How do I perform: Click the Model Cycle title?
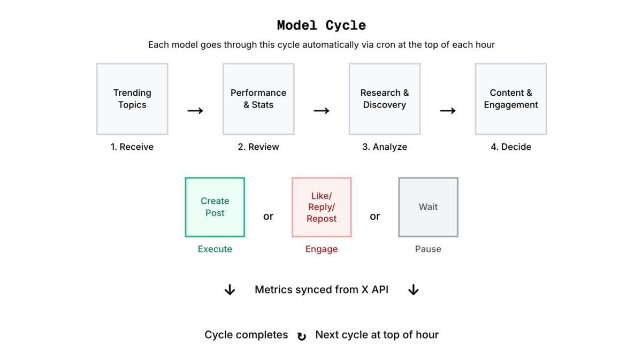pos(321,25)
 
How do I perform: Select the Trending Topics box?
pos(132,99)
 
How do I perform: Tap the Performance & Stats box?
pos(258,99)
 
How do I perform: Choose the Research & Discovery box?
pos(385,99)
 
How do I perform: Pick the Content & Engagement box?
pos(511,99)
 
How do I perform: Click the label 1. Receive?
pos(132,147)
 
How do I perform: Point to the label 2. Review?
pos(258,147)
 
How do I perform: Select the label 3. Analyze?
pos(385,147)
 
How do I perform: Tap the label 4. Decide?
pos(511,147)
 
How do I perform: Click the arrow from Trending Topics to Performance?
pos(195,111)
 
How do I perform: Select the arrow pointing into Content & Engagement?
pos(448,111)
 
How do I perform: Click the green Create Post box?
pos(215,207)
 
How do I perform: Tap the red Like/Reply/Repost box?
pos(322,207)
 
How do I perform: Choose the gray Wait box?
pos(428,207)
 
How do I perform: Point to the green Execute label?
pos(215,249)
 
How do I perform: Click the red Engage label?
pos(322,249)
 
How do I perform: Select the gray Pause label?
pos(428,249)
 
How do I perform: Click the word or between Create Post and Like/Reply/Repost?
pos(268,216)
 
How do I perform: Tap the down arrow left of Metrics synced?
pos(230,290)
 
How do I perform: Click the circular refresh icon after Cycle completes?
pos(302,336)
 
